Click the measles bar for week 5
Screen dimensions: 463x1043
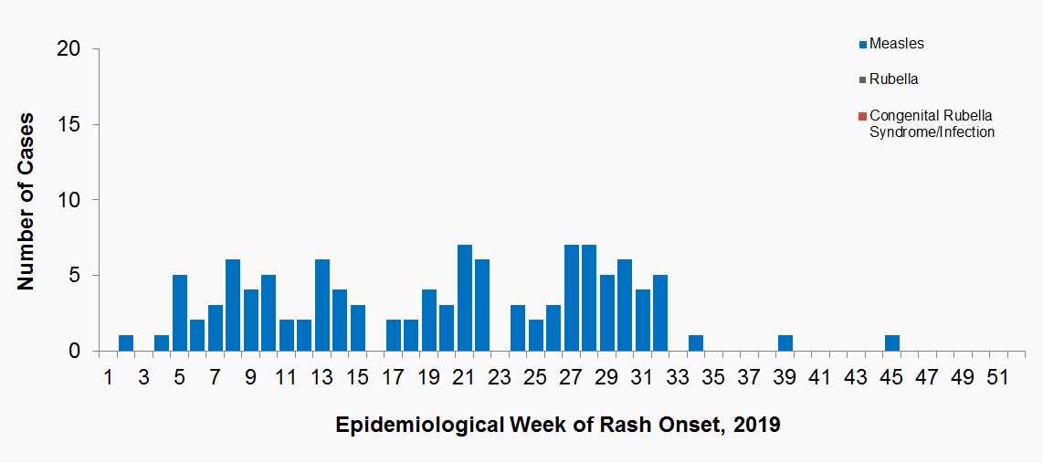180,313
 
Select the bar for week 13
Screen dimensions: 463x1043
322,306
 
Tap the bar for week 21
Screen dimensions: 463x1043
465,298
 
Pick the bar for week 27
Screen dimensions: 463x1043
572,298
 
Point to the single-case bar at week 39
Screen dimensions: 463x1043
785,343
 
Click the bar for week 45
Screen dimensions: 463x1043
892,343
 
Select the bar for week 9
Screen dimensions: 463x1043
251,321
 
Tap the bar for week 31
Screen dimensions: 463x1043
643,321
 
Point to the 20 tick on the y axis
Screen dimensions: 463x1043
68,49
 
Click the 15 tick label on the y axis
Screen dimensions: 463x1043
68,125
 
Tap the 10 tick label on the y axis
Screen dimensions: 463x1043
68,201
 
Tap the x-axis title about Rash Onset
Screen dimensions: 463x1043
558,426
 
